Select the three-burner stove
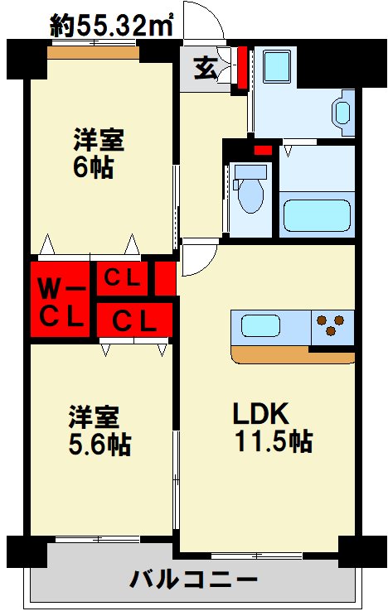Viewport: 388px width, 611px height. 331,326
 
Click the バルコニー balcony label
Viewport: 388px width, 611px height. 193,580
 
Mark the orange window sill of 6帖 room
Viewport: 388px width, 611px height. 91,54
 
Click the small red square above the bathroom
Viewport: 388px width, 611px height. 262,150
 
